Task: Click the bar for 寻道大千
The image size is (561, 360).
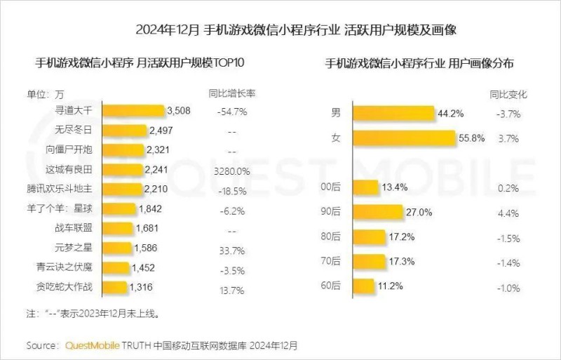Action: pyautogui.click(x=133, y=111)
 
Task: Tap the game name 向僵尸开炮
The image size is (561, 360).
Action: pyautogui.click(x=79, y=149)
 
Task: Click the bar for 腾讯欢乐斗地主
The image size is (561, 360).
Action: pyautogui.click(x=123, y=189)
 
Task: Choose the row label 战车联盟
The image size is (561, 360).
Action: pyautogui.click(x=83, y=228)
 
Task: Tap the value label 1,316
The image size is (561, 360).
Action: pyautogui.click(x=140, y=287)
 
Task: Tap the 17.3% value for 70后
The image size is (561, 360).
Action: pyautogui.click(x=401, y=261)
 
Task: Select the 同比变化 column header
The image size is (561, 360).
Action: pyautogui.click(x=507, y=93)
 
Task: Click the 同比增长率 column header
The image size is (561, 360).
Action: pyautogui.click(x=232, y=93)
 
